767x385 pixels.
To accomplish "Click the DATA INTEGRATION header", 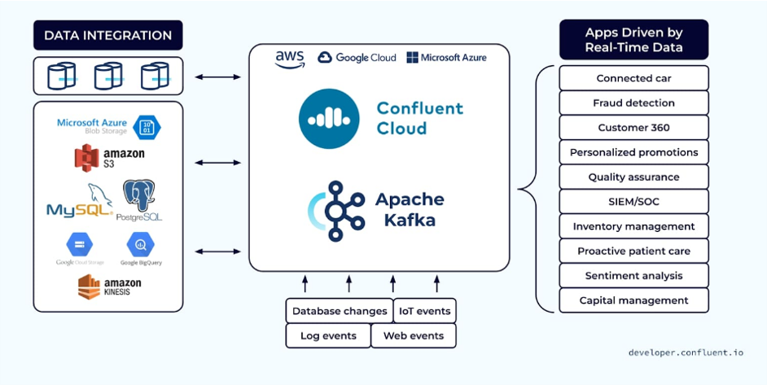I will coord(107,35).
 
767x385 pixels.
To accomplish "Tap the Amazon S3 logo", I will coord(109,157).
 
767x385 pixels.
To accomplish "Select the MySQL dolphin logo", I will coord(79,202).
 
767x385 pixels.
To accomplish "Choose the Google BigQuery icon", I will coord(140,245).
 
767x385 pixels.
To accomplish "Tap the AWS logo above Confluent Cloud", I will coord(290,59).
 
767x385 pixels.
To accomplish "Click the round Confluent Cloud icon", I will coord(329,119).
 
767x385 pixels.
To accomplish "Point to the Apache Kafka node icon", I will coord(335,210).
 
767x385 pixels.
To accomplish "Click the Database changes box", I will coord(340,311).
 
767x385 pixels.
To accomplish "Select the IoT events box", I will coord(424,311).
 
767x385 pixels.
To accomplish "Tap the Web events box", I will coord(414,335).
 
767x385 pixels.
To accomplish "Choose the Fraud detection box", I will coord(633,103).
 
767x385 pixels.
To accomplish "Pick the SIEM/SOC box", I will coord(633,201).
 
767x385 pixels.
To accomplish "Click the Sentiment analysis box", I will coord(633,276).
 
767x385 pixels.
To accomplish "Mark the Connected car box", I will coord(633,78).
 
